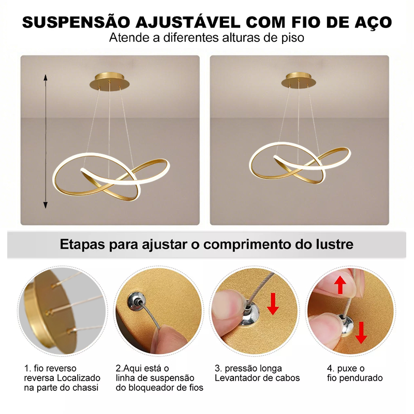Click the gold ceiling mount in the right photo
click(x=299, y=80)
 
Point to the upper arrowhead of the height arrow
click(x=46, y=77)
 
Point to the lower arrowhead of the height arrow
click(x=46, y=205)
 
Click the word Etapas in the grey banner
click(x=82, y=244)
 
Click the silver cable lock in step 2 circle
click(x=136, y=301)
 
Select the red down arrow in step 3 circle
click(x=273, y=304)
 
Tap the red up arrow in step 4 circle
click(x=340, y=285)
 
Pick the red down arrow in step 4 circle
click(x=361, y=332)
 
